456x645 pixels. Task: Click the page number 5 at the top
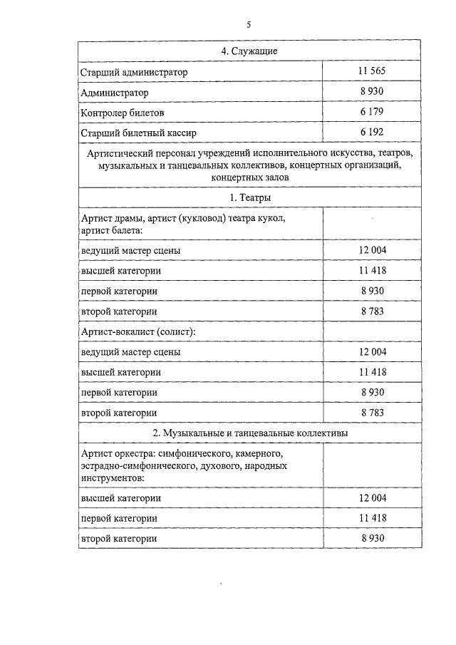249,24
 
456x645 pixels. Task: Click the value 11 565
372,72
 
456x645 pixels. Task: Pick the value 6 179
372,112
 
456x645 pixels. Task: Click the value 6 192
372,132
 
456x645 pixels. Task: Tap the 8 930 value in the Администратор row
372,92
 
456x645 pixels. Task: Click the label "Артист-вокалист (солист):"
139,331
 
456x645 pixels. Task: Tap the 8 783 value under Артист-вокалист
372,412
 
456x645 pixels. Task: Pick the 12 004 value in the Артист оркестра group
372,497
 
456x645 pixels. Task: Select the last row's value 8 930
372,538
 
